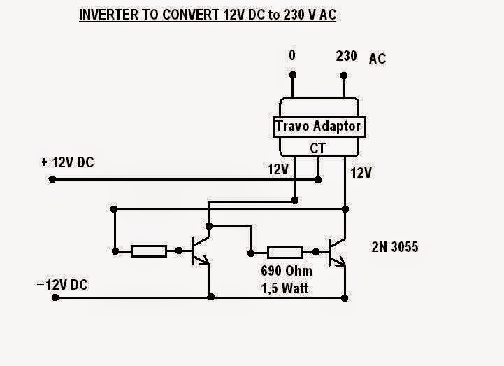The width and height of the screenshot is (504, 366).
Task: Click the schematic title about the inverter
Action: [208, 15]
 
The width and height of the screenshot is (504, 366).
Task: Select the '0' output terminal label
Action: [293, 55]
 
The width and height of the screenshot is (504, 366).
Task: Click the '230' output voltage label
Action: [347, 55]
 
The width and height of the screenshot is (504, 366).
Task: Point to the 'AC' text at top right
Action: [377, 59]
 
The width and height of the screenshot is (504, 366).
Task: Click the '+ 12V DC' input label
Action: [68, 163]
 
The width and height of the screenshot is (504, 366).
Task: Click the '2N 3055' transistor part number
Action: [395, 246]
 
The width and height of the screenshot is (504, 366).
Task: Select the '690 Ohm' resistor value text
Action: [285, 271]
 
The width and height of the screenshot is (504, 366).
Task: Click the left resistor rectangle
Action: [149, 251]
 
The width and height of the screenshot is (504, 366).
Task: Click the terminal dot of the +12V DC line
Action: [52, 180]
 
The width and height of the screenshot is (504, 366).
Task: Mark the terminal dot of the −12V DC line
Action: [55, 297]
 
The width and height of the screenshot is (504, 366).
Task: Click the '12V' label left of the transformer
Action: [277, 169]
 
